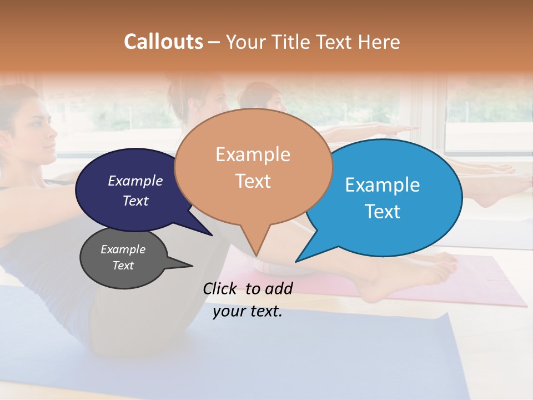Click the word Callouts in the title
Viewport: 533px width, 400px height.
(163, 42)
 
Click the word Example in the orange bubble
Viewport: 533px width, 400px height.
(253, 154)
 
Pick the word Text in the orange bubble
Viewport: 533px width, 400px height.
(253, 181)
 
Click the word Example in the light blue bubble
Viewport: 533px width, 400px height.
(382, 185)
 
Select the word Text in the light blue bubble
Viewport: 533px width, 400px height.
(382, 212)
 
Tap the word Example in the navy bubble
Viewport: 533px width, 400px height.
(135, 181)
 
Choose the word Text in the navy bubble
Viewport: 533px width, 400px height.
(135, 201)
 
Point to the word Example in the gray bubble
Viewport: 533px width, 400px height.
(123, 249)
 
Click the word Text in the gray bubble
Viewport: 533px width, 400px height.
(123, 266)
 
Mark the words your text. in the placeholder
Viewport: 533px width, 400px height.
(248, 312)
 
